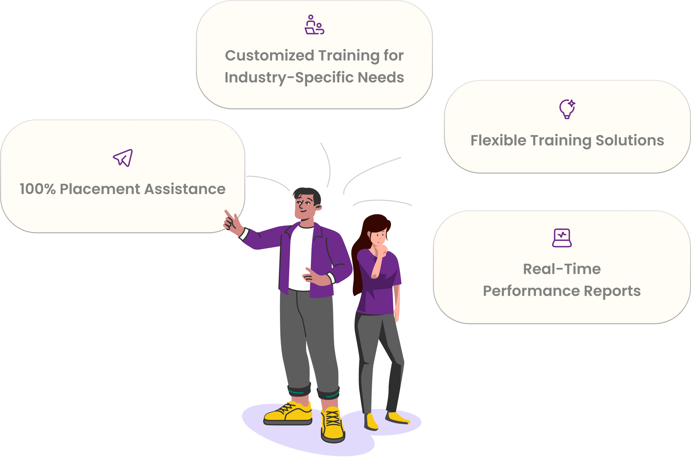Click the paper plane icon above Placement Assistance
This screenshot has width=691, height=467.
(x=123, y=158)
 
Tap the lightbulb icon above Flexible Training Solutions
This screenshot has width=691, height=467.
(x=567, y=109)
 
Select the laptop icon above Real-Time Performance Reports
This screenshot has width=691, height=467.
(x=562, y=238)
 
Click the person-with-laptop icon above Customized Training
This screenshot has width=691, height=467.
(x=314, y=25)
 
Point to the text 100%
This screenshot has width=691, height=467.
(x=38, y=189)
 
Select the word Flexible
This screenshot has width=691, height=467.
(x=498, y=140)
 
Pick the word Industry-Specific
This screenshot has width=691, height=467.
(x=289, y=78)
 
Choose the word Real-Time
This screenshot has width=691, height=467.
(x=562, y=269)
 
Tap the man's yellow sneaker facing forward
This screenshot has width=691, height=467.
(x=333, y=425)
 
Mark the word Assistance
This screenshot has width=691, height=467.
(x=185, y=189)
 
